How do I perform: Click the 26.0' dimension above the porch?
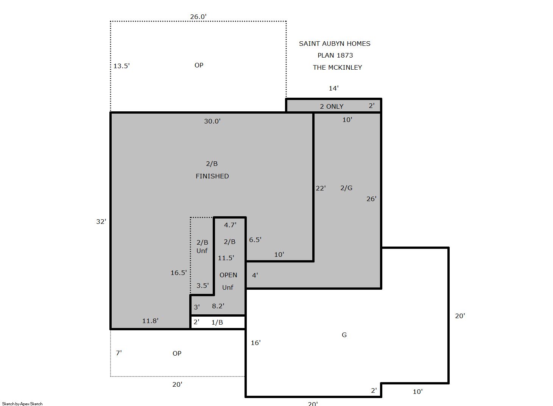coord(198,17)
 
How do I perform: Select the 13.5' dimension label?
coord(122,66)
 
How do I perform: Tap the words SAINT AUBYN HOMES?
coord(335,44)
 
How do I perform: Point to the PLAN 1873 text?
coord(335,55)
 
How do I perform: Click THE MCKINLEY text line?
coord(337,67)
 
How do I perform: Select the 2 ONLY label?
coord(332,106)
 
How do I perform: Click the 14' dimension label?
coord(333,88)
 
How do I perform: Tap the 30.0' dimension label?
coord(212,121)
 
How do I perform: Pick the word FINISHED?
coord(212,176)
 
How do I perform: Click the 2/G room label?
coord(346,188)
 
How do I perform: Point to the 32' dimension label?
coord(101,222)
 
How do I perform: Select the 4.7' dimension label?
coord(230,225)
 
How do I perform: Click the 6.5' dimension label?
coord(255,240)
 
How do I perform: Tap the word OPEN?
coord(228,275)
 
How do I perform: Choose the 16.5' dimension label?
coord(179,273)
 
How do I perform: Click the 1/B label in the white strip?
coord(217,322)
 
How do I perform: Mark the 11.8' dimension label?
coord(150,321)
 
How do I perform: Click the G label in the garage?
coord(344,335)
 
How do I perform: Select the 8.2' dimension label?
coord(218,306)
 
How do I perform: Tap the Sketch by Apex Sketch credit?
coord(22,404)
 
